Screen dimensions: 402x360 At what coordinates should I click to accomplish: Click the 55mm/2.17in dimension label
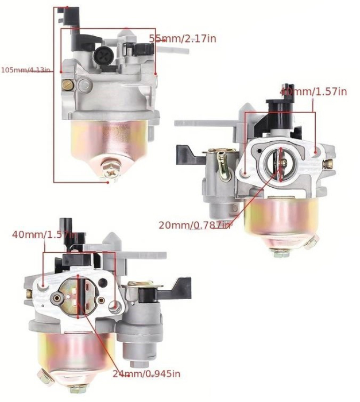tap(183, 38)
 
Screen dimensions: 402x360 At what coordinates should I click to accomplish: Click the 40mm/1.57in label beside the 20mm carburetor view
tap(313, 91)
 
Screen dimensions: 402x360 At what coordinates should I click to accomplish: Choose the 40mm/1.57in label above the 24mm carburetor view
tap(44, 234)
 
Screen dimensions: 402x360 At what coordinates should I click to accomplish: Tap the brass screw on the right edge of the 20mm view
tap(328, 164)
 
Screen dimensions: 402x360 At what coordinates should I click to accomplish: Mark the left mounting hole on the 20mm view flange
tap(245, 171)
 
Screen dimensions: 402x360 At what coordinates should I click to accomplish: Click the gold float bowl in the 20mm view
tap(281, 221)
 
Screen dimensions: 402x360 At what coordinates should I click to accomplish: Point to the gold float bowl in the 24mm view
tap(75, 353)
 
